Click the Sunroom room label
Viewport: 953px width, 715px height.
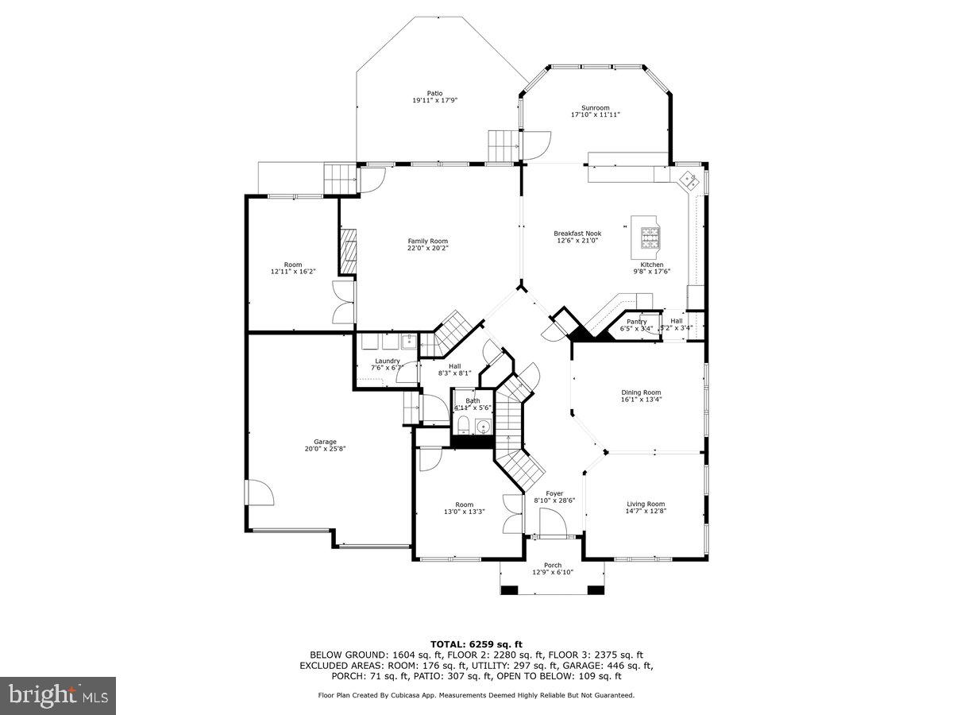click(595, 108)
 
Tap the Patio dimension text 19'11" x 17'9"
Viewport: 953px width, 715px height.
click(434, 101)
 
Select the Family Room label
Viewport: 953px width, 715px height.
click(427, 242)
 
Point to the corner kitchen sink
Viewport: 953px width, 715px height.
click(688, 180)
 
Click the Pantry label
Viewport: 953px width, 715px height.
click(636, 322)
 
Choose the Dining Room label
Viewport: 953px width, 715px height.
click(641, 392)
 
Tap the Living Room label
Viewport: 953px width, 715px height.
click(645, 504)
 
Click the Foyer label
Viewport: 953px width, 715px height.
click(554, 493)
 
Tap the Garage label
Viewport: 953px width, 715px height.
click(324, 442)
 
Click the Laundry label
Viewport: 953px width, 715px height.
click(388, 361)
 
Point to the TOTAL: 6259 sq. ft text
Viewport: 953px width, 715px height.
click(476, 644)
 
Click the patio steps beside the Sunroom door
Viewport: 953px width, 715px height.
click(502, 145)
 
